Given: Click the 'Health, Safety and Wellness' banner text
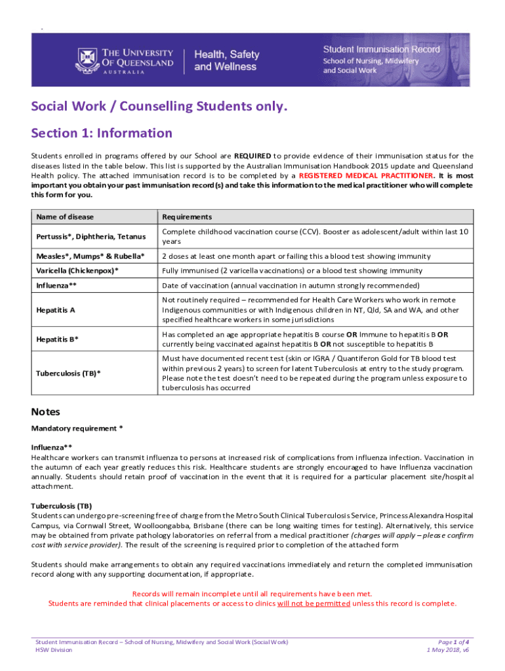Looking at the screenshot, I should [x=227, y=60].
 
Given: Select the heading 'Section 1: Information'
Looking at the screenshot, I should [x=102, y=134].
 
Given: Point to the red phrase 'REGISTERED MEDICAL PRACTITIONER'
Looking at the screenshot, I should [x=366, y=176].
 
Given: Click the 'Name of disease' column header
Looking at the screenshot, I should [x=66, y=217].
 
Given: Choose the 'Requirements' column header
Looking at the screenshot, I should [x=187, y=217].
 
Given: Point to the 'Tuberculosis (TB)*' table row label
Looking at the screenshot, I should [x=69, y=374].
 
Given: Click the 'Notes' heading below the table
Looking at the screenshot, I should [x=46, y=412].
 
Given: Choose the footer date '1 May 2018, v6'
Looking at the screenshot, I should [x=448, y=650].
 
